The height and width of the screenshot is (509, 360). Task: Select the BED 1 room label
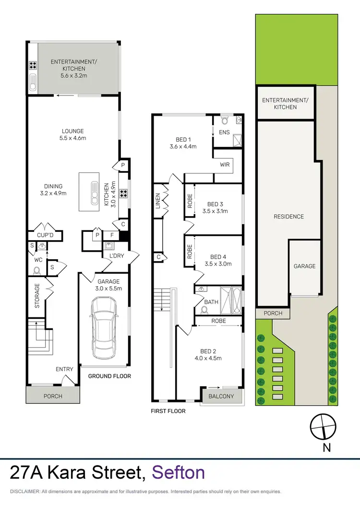(x=183, y=140)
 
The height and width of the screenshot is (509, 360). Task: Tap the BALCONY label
(x=221, y=396)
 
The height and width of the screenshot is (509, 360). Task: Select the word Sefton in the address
(x=179, y=473)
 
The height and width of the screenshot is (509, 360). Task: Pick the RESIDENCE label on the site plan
(x=288, y=217)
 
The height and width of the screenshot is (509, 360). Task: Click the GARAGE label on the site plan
(x=305, y=266)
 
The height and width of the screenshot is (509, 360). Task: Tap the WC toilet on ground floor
(x=36, y=270)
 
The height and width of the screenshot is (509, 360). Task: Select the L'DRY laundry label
(x=116, y=256)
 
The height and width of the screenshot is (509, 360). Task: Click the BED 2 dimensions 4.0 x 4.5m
(x=208, y=358)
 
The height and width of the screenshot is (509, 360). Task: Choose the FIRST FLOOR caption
(x=168, y=411)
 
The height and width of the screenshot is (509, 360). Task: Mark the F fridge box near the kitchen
(x=112, y=236)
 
